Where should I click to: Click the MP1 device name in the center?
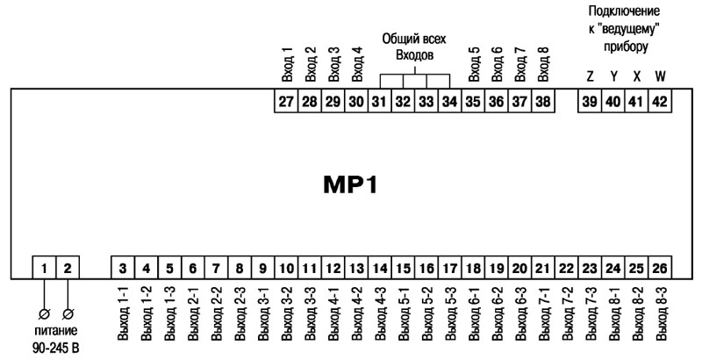tap(351, 185)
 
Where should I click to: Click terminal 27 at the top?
tap(285, 102)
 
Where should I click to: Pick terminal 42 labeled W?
tap(660, 102)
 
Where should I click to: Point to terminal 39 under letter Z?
tap(590, 102)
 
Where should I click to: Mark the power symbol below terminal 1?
tap(44, 313)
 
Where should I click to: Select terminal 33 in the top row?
tap(426, 102)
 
